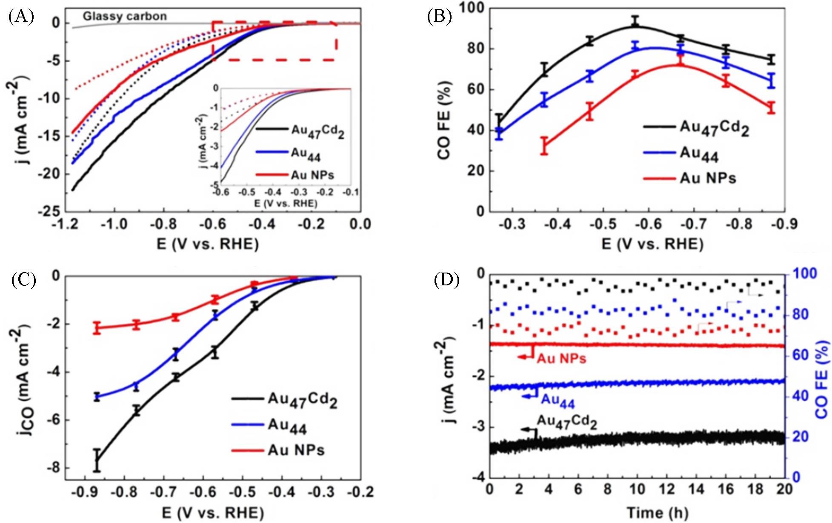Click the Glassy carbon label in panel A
124,17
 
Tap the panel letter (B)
439,17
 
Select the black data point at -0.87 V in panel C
97,460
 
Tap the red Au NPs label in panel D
561,359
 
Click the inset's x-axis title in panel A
286,204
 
